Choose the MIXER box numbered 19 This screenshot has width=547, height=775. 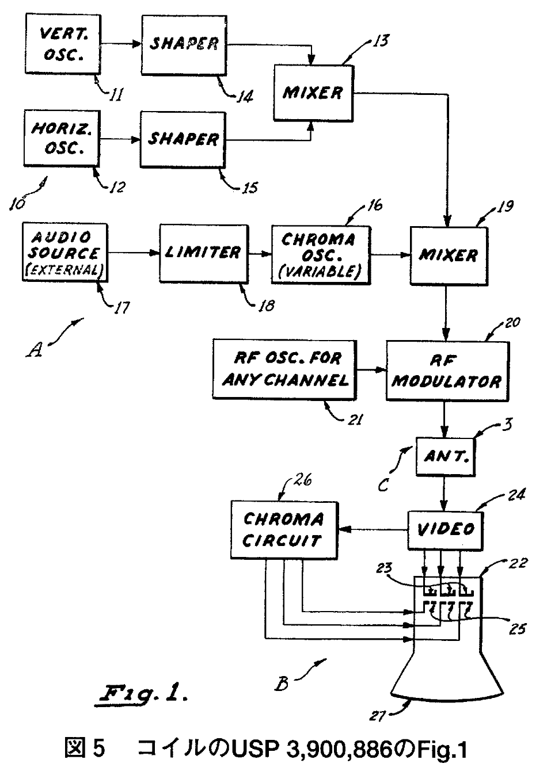click(x=449, y=254)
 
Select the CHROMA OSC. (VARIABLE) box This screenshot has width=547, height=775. click(x=320, y=254)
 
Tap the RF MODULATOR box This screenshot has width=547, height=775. click(x=447, y=371)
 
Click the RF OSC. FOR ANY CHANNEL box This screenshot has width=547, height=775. click(x=284, y=369)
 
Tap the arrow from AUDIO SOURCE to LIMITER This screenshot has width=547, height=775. click(x=133, y=252)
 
